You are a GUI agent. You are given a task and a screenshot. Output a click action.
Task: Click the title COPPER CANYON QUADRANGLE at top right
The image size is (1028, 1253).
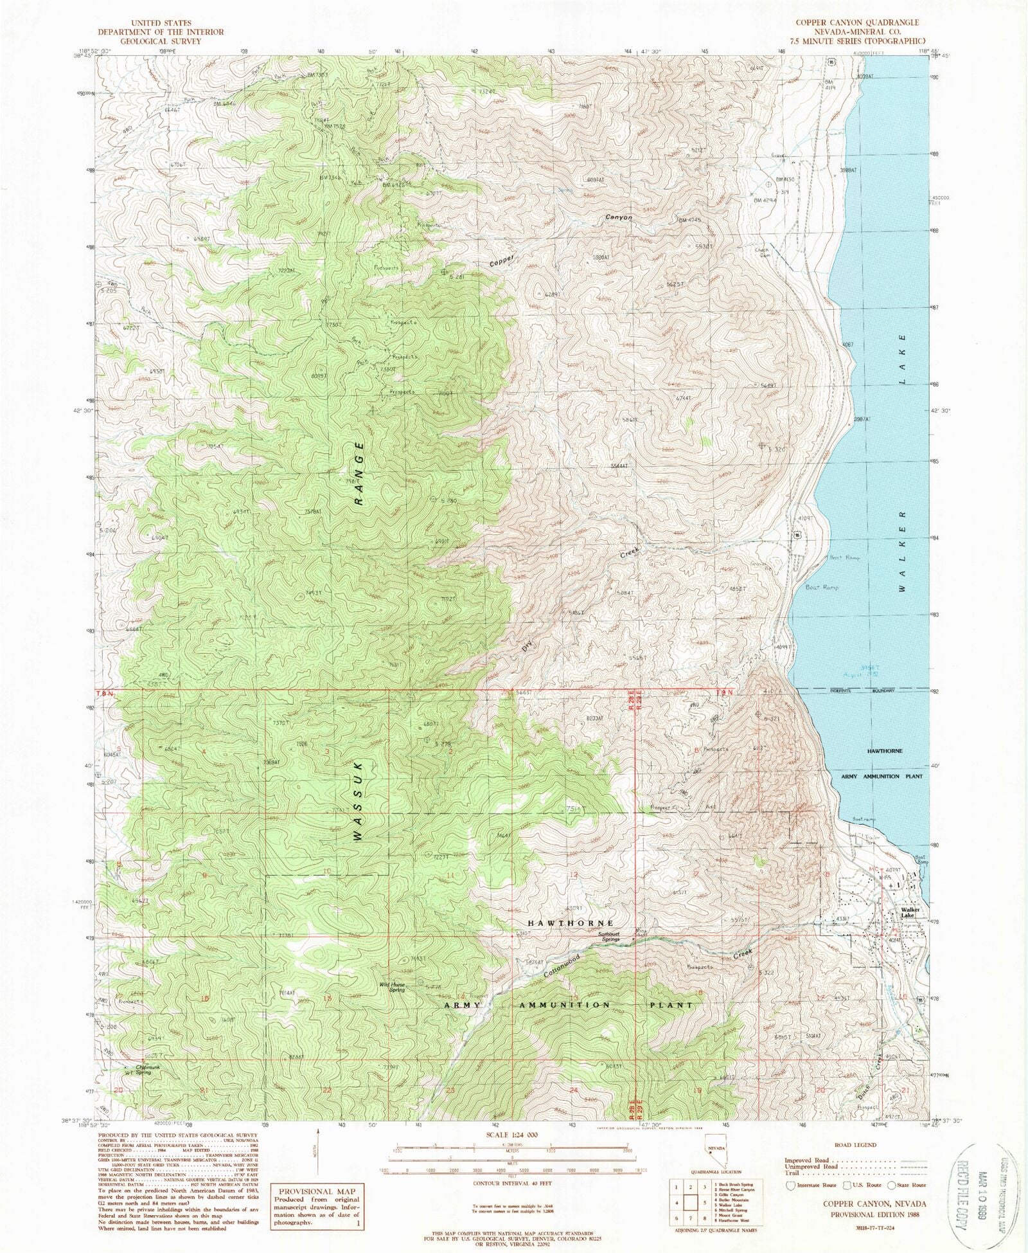pos(857,23)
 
